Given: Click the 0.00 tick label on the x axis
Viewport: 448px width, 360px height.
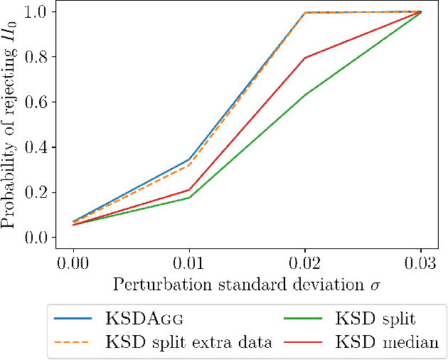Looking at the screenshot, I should click(x=73, y=260).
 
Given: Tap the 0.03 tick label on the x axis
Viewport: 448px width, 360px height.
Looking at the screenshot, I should click(x=421, y=260).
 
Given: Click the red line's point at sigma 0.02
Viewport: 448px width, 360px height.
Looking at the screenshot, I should click(x=305, y=58).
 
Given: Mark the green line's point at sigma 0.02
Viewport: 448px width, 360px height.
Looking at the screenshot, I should click(x=305, y=95).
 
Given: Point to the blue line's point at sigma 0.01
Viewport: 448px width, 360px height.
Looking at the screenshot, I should click(x=189, y=159).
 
